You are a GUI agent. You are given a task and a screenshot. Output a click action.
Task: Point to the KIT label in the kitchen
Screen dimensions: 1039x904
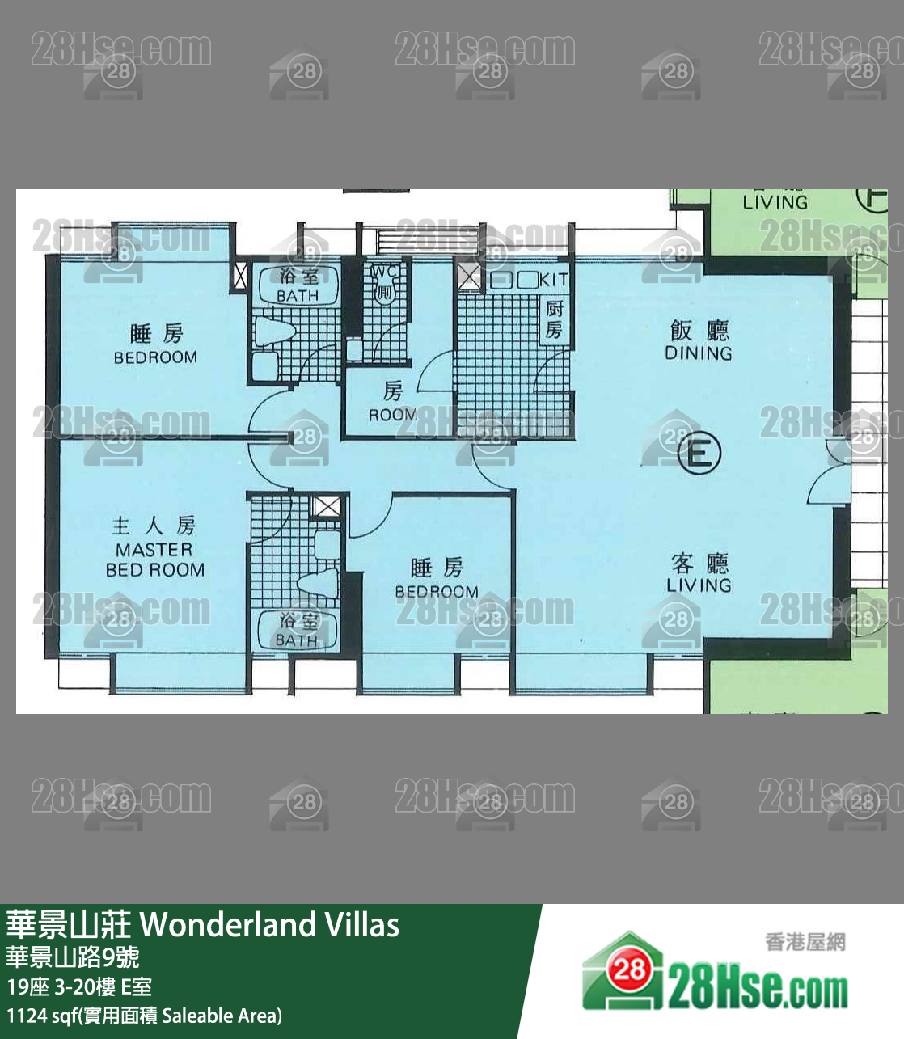point(554,280)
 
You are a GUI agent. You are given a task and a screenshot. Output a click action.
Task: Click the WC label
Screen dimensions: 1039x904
point(385,272)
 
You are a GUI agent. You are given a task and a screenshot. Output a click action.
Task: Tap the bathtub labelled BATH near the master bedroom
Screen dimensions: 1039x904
point(297,630)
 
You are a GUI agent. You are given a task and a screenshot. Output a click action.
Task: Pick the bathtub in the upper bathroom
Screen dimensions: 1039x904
point(298,285)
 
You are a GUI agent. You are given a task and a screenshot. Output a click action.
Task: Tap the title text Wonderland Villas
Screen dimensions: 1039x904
point(270,924)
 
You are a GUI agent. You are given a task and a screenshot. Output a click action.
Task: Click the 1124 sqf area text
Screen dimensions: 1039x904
point(144,1016)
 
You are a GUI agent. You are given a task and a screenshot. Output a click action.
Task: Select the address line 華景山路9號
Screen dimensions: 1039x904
point(73,957)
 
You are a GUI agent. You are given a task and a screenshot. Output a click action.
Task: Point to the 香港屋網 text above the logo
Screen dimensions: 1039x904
point(805,942)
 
